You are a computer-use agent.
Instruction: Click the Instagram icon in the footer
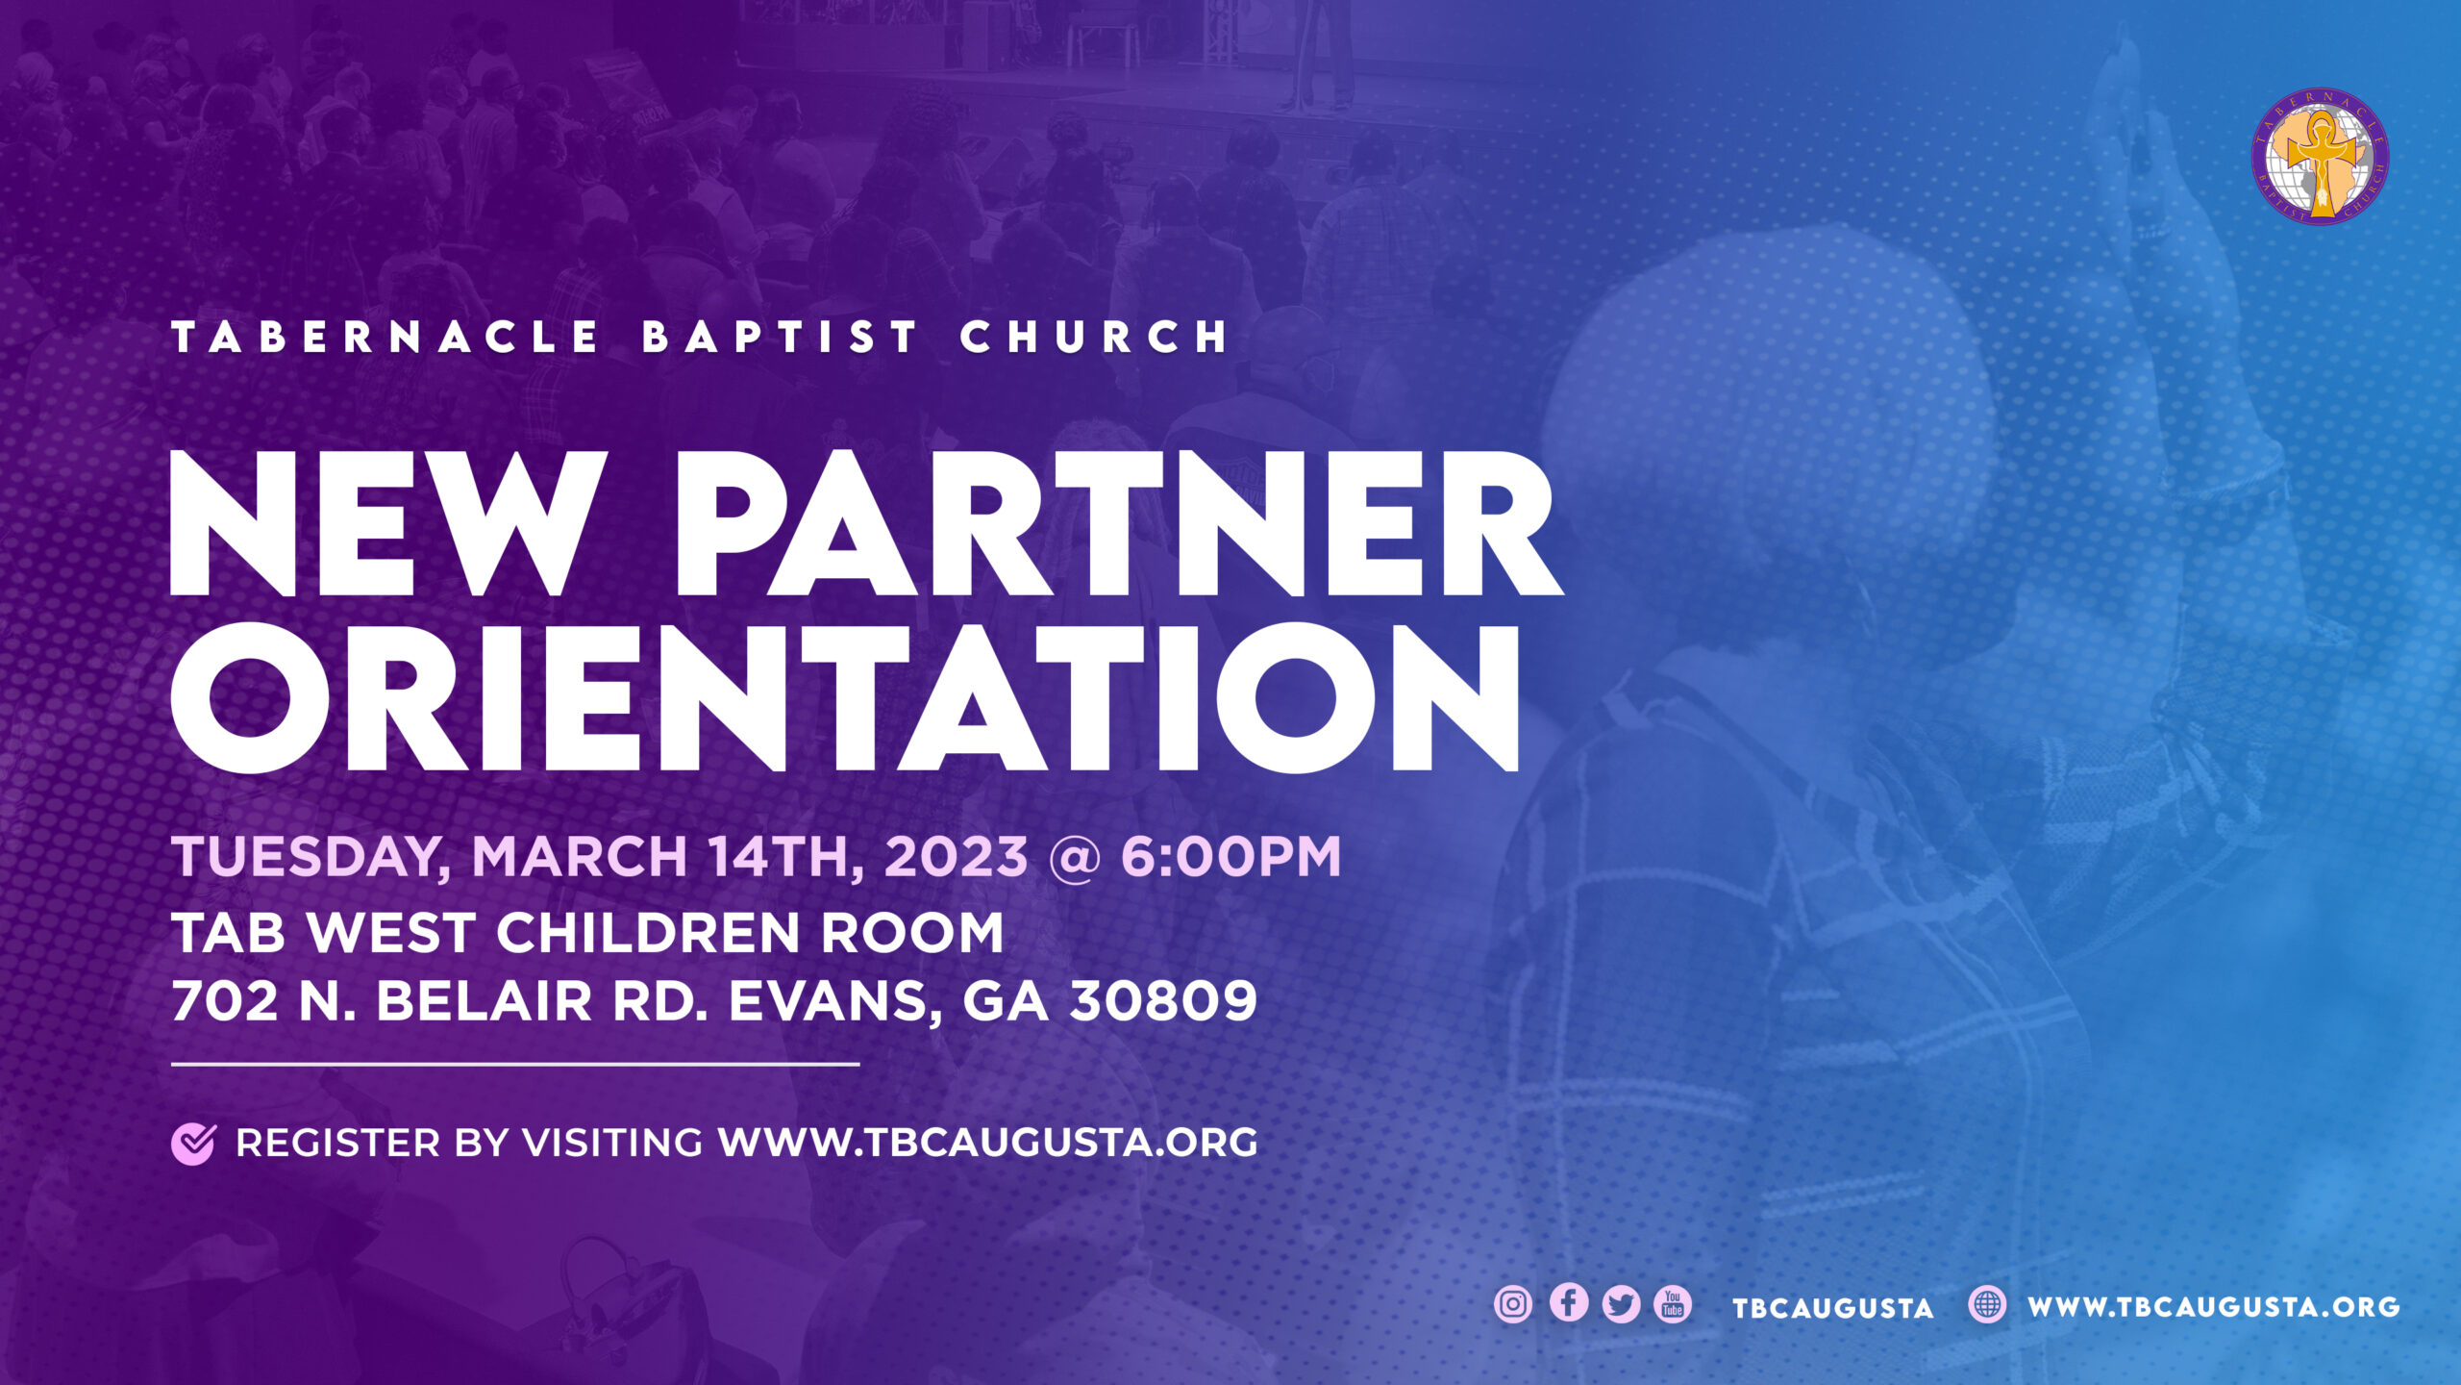point(1513,1304)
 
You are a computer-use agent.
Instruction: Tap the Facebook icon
point(1568,1303)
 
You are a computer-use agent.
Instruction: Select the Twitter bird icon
point(1621,1304)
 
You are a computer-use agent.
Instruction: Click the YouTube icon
point(1673,1304)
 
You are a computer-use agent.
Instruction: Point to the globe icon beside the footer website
point(1987,1305)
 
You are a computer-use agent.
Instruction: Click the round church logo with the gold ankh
point(2320,157)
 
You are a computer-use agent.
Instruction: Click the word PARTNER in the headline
point(1119,523)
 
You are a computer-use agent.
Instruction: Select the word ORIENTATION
point(846,697)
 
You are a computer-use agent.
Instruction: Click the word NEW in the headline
point(388,523)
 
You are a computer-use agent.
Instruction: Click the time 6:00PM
point(1230,856)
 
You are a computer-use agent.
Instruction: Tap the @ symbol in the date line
point(1074,857)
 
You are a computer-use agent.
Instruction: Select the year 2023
point(956,856)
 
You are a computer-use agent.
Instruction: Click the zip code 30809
point(1163,1001)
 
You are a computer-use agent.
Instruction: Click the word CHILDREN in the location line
point(648,933)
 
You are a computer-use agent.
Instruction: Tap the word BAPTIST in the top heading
point(780,337)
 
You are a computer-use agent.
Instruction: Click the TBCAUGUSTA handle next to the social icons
point(1832,1308)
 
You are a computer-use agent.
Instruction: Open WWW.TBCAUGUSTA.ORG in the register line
point(987,1143)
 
